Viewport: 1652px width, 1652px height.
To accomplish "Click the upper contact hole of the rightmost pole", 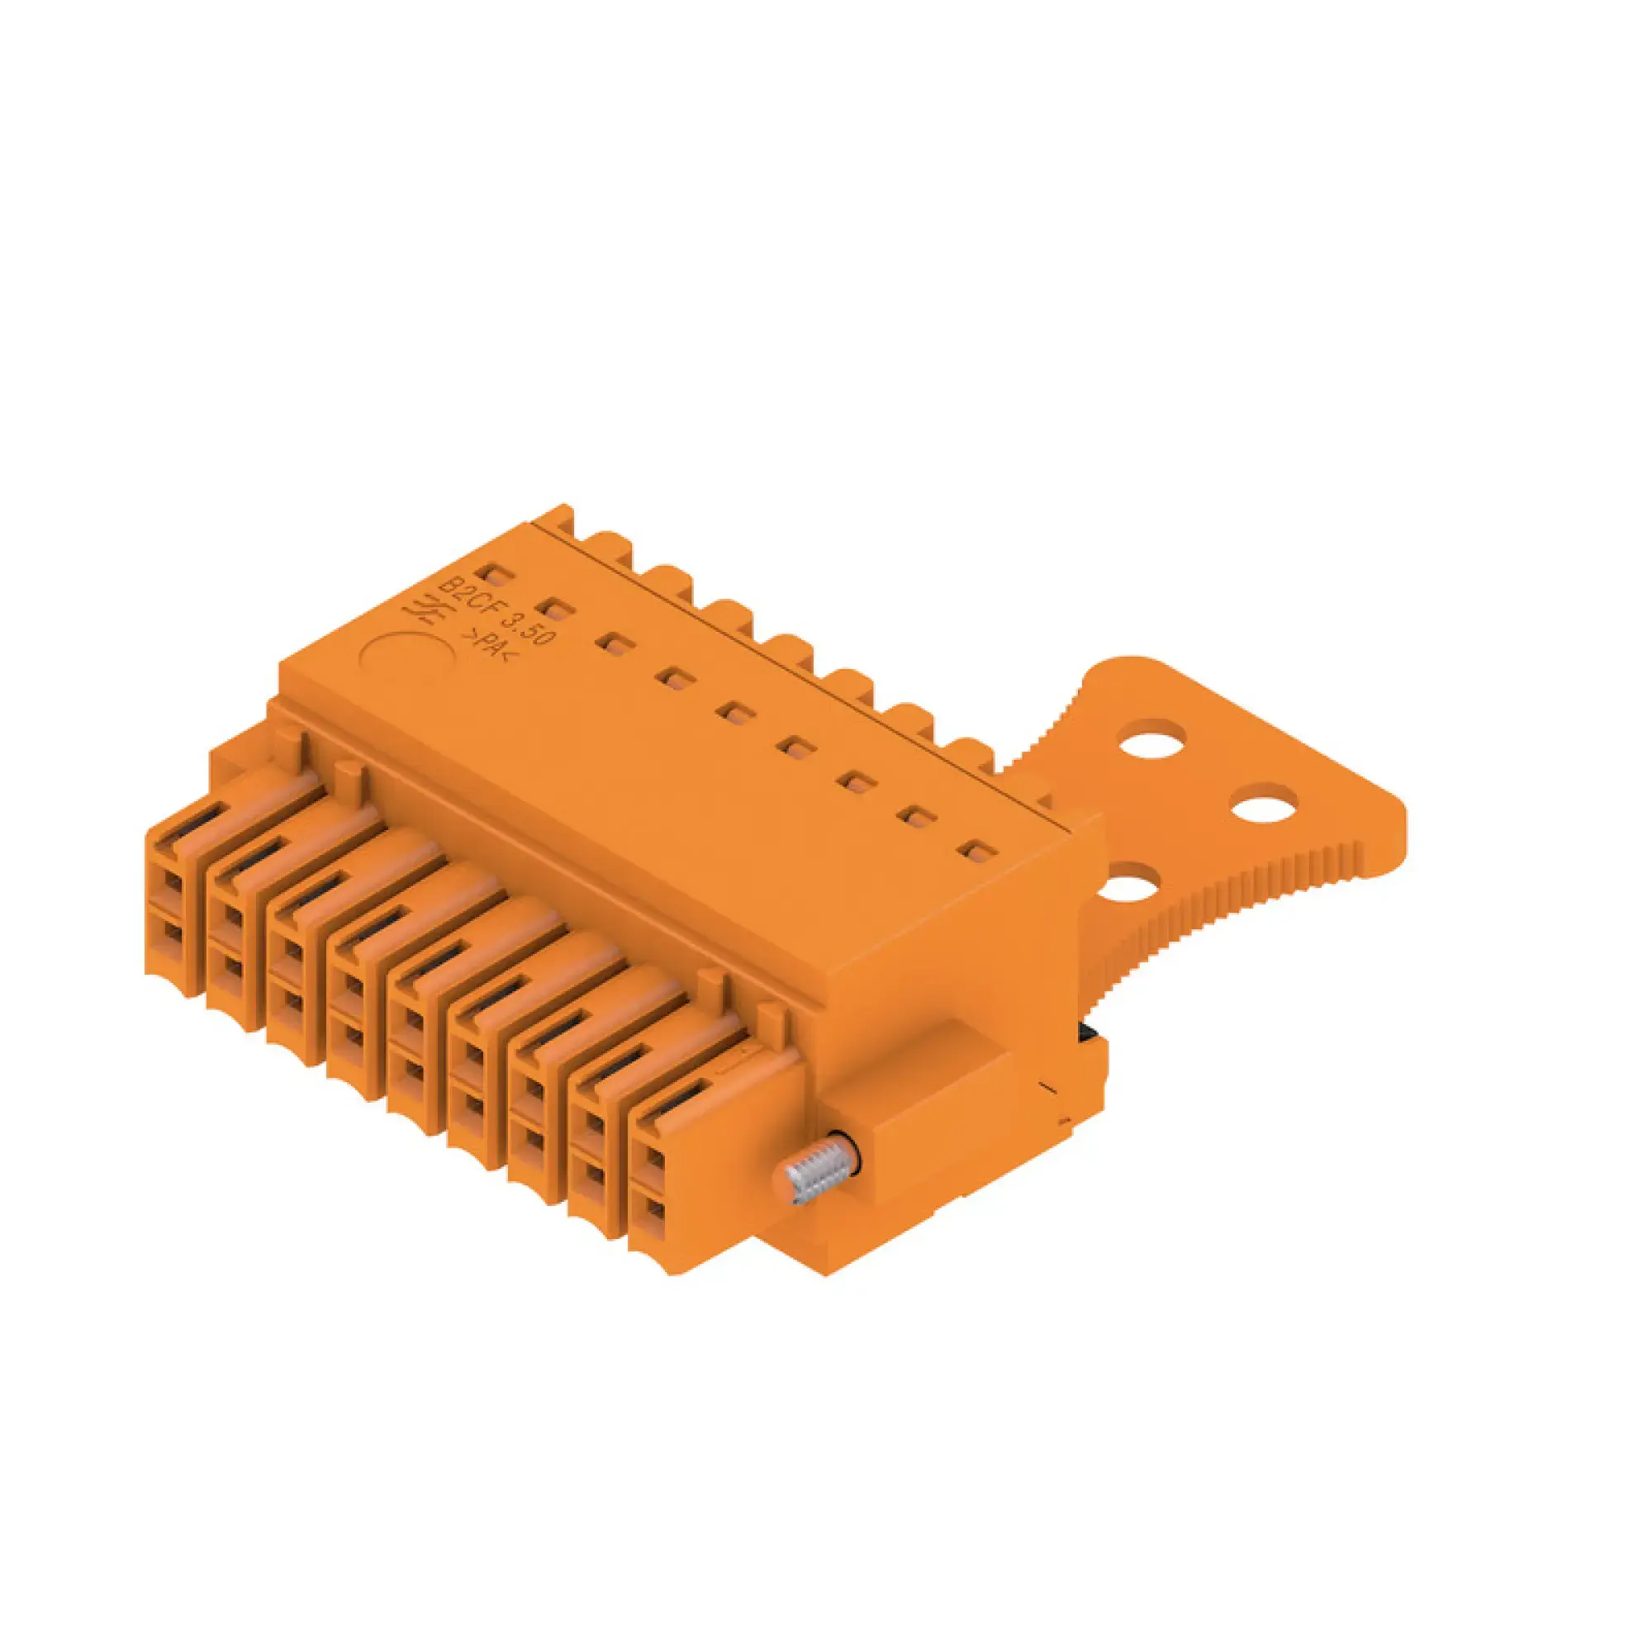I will point(654,1161).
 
